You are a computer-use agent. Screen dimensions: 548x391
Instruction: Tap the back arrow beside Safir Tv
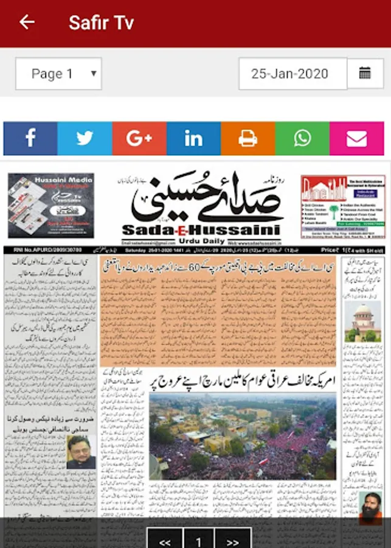[27, 23]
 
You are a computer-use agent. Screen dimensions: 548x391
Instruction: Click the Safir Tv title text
[101, 23]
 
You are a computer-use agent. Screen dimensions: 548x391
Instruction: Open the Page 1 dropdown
[58, 74]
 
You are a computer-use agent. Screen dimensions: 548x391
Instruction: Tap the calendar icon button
[365, 74]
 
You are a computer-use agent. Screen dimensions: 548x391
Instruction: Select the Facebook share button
[30, 139]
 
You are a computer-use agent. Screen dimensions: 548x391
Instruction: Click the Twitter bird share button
[85, 139]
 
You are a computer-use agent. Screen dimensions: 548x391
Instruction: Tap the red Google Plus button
[139, 139]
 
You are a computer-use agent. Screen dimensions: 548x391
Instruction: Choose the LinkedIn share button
[193, 139]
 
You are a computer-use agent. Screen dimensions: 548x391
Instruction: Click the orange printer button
[247, 139]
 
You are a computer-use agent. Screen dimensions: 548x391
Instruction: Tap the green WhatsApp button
[302, 139]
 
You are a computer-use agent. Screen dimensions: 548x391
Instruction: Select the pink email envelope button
[357, 139]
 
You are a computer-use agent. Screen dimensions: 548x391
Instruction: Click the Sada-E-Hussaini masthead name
[201, 230]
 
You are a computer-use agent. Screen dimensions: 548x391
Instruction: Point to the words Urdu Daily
[211, 241]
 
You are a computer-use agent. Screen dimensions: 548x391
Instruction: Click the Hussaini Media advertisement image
[51, 205]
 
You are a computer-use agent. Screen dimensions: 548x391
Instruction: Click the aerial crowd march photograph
[242, 436]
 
